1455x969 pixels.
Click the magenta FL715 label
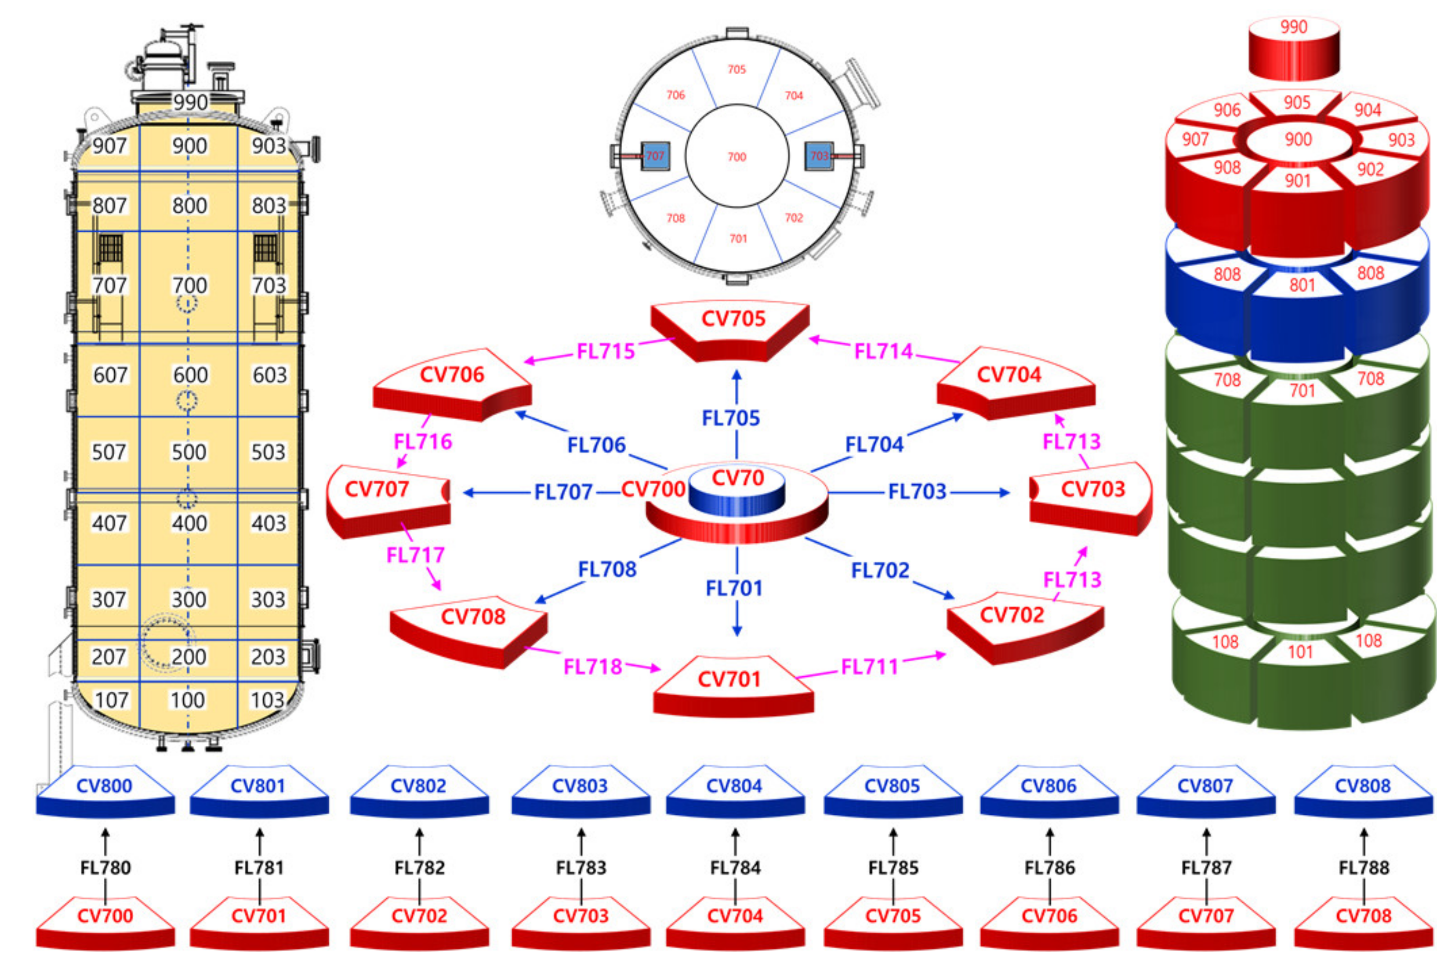point(606,351)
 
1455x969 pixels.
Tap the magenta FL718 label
point(592,666)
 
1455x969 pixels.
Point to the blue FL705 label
point(731,418)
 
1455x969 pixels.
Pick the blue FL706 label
point(596,444)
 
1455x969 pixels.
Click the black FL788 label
point(1364,867)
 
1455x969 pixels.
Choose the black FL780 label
point(105,867)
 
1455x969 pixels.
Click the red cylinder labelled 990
point(1294,49)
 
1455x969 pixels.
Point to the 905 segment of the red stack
point(1296,102)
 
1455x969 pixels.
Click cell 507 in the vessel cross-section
point(109,452)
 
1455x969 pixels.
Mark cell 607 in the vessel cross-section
point(110,374)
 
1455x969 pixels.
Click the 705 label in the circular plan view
point(737,69)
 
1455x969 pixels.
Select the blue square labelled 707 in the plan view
point(655,156)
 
